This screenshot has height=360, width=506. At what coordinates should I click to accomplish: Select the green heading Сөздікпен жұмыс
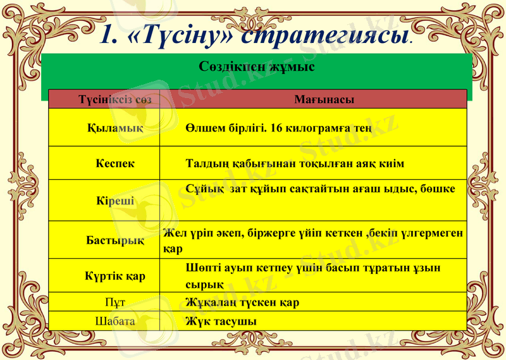tap(257, 66)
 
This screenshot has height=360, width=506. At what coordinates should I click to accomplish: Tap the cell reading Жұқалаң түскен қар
tap(242, 302)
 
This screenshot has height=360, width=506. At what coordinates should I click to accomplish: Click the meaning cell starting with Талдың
tap(295, 163)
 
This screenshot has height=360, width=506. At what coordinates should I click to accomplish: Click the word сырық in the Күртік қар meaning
tap(204, 284)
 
